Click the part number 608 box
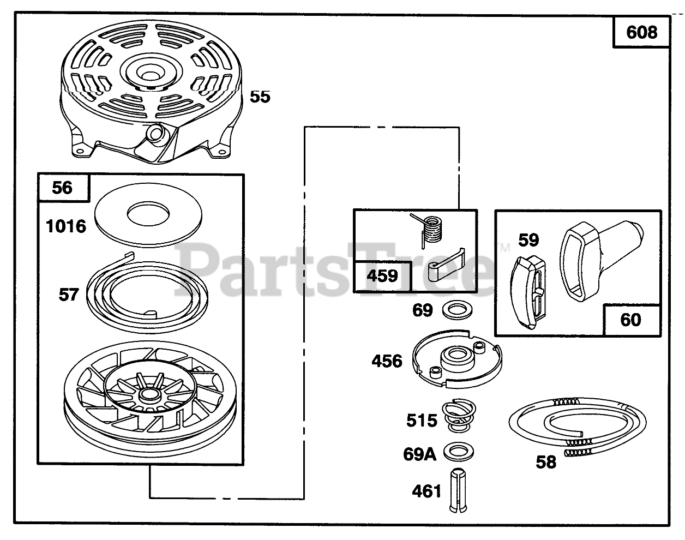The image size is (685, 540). click(641, 32)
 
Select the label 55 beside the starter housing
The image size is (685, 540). click(260, 97)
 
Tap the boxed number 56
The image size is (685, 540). click(62, 188)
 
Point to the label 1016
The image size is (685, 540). click(66, 226)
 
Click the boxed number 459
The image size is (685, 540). click(382, 276)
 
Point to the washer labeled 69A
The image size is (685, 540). click(459, 452)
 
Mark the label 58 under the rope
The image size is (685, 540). click(546, 462)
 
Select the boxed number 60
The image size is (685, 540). click(631, 319)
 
